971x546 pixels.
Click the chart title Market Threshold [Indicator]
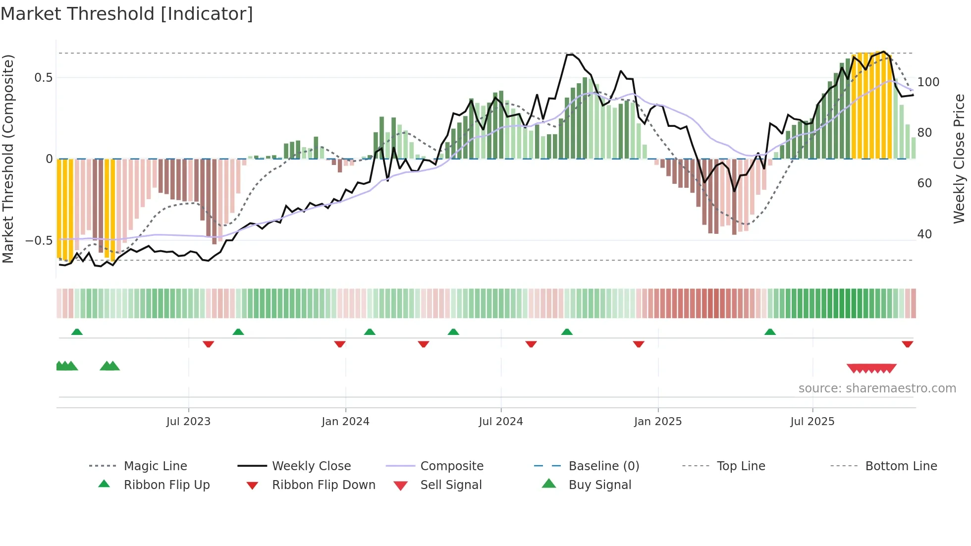pyautogui.click(x=127, y=14)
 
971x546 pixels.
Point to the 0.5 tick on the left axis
pyautogui.click(x=43, y=78)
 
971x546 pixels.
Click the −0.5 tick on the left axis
pyautogui.click(x=39, y=241)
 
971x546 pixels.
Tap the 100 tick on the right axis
pyautogui.click(x=928, y=82)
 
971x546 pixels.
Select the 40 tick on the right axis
pyautogui.click(x=924, y=234)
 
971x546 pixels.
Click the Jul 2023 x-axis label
pyautogui.click(x=188, y=422)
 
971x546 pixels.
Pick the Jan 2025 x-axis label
pyautogui.click(x=657, y=422)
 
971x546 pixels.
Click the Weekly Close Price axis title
pyautogui.click(x=960, y=159)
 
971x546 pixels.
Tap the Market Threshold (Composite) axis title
pyautogui.click(x=8, y=159)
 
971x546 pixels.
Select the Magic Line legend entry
pyautogui.click(x=155, y=466)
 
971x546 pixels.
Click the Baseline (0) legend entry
pyautogui.click(x=603, y=466)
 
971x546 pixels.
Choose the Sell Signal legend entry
pyautogui.click(x=450, y=485)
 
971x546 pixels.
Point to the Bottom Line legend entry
pyautogui.click(x=901, y=466)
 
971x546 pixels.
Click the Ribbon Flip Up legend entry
pyautogui.click(x=166, y=485)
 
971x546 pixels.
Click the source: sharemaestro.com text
pyautogui.click(x=877, y=388)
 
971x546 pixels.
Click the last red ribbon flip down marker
pyautogui.click(x=907, y=344)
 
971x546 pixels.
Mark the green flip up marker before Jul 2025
pyautogui.click(x=770, y=332)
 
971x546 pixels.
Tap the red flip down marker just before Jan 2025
pyautogui.click(x=638, y=344)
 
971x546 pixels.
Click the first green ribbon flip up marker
pyautogui.click(x=77, y=332)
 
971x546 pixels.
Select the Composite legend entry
pyautogui.click(x=451, y=466)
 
